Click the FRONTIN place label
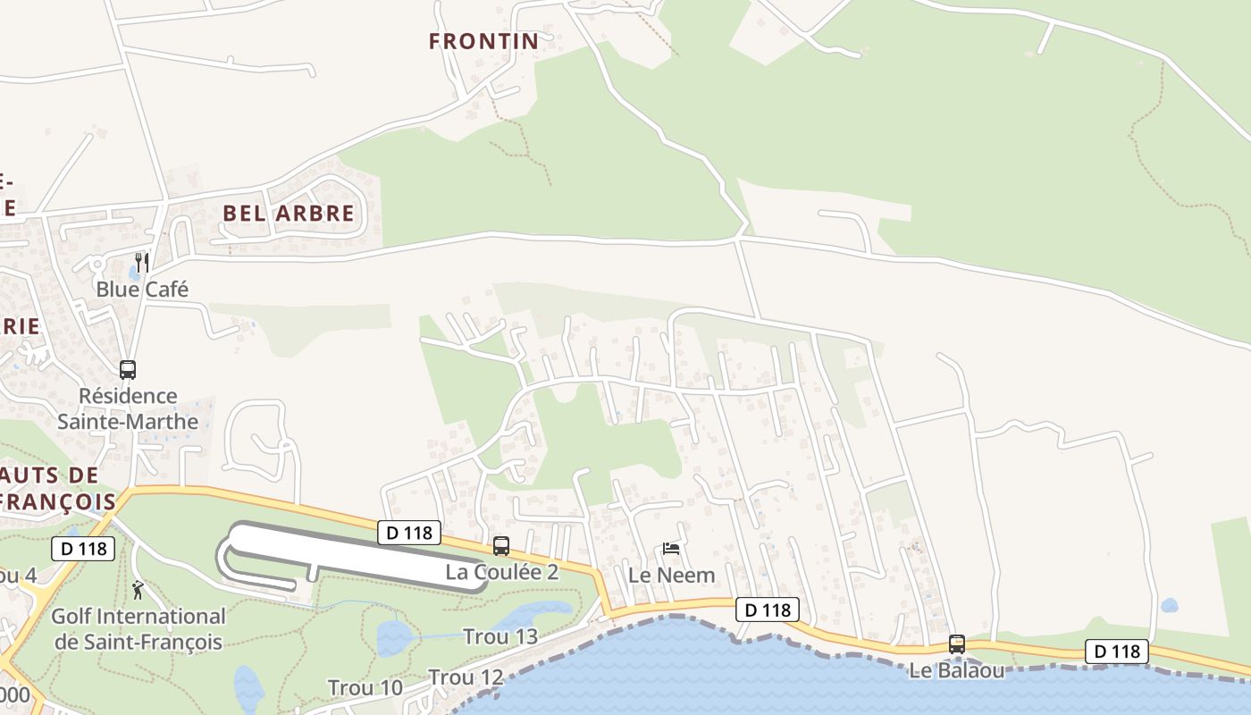click(483, 41)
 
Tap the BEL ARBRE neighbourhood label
click(289, 214)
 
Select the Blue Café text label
click(142, 290)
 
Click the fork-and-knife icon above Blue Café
click(141, 262)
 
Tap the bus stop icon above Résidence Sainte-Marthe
click(128, 369)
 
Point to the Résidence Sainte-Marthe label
click(128, 408)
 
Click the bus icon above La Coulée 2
click(501, 545)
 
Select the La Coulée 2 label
click(502, 572)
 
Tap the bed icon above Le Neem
click(671, 548)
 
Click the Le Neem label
click(672, 575)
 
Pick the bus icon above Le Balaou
click(957, 643)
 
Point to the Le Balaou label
click(957, 670)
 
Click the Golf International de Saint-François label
click(139, 628)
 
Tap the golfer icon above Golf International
click(138, 590)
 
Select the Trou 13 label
click(500, 636)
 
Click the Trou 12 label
click(466, 677)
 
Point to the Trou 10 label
click(365, 688)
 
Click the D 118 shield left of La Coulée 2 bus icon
click(410, 533)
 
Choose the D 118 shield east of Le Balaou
click(1117, 652)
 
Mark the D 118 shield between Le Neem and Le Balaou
click(768, 610)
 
